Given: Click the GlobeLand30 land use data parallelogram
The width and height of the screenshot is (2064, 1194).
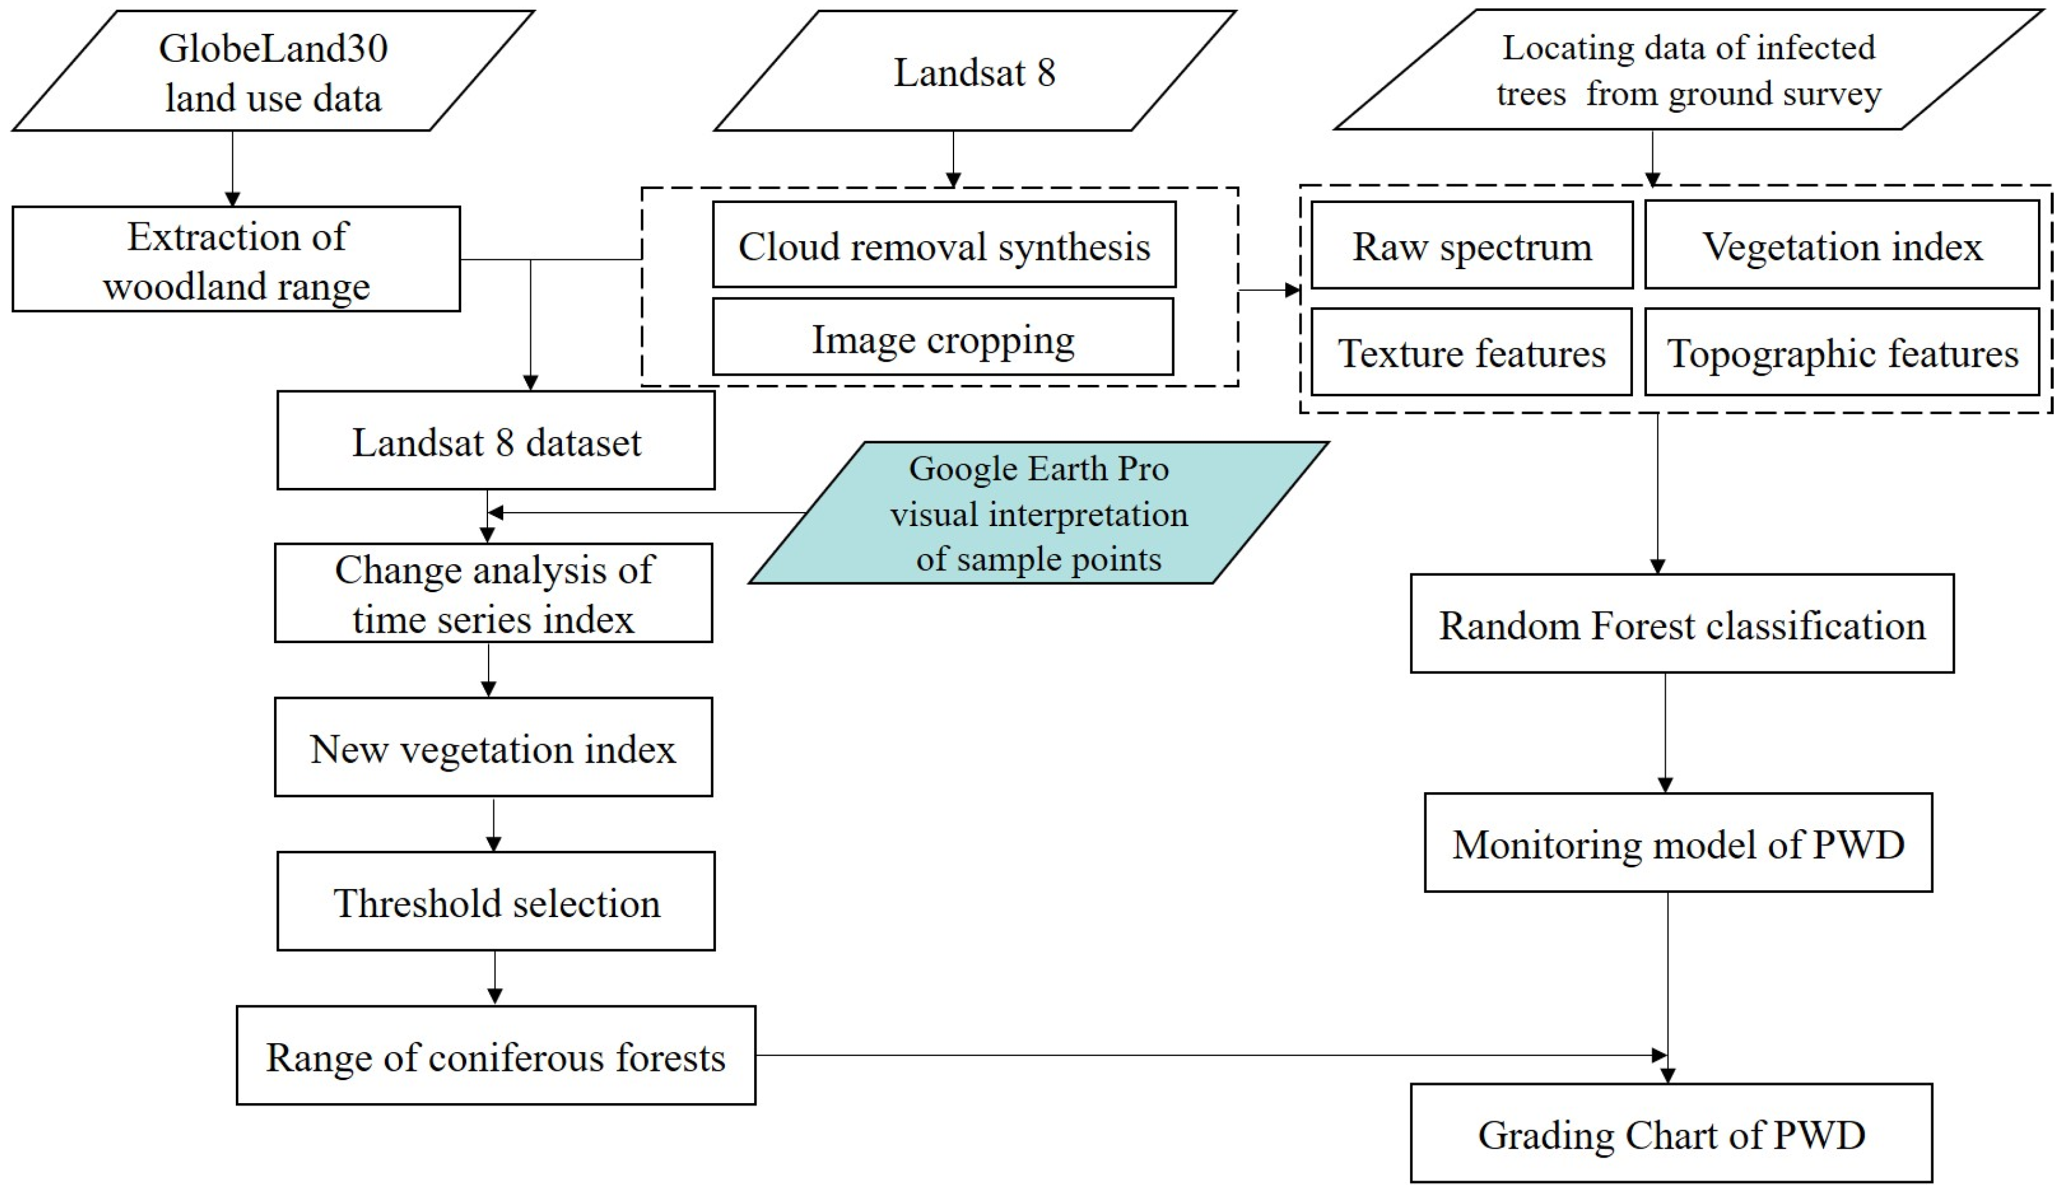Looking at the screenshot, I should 273,72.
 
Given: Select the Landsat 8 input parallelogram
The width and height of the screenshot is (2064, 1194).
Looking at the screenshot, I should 975,72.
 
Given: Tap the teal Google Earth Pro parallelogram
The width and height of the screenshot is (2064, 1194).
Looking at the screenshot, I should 1038,513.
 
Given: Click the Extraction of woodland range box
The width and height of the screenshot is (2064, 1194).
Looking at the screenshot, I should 236,259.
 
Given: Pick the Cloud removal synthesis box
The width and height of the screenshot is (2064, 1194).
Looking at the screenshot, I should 944,245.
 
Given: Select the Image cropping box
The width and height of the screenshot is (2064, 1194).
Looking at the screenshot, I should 943,338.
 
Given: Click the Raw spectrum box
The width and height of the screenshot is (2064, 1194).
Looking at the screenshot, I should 1471,245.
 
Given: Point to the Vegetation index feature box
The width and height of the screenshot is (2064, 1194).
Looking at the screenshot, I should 1842,245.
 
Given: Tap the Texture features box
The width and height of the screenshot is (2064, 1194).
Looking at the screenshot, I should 1471,353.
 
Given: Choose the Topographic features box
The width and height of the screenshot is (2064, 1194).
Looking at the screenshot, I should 1842,353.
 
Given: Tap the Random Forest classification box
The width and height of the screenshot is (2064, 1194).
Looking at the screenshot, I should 1682,625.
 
